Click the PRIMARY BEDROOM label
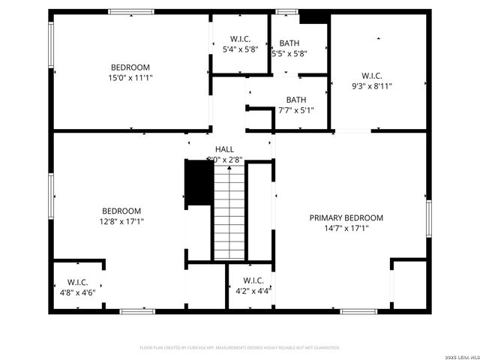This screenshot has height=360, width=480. [x=346, y=217]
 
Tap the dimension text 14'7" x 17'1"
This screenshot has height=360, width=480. [x=346, y=229]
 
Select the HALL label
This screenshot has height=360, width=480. [x=224, y=149]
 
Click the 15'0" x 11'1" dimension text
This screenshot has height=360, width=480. [x=130, y=77]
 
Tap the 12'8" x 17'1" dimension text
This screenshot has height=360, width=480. [x=121, y=221]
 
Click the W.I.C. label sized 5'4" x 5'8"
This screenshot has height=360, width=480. [x=240, y=38]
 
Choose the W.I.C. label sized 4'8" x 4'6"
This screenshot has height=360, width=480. [x=77, y=282]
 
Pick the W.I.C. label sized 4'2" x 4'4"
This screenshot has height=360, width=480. [x=253, y=280]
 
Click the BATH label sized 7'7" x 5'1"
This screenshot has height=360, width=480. [x=295, y=100]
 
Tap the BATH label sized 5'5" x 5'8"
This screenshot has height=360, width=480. [x=289, y=43]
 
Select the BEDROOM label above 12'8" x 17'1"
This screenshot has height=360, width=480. [x=121, y=211]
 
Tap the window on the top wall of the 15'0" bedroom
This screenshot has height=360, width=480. [x=131, y=11]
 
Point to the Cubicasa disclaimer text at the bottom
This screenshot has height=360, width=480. [x=239, y=348]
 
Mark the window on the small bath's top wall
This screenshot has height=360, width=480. [x=285, y=11]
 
